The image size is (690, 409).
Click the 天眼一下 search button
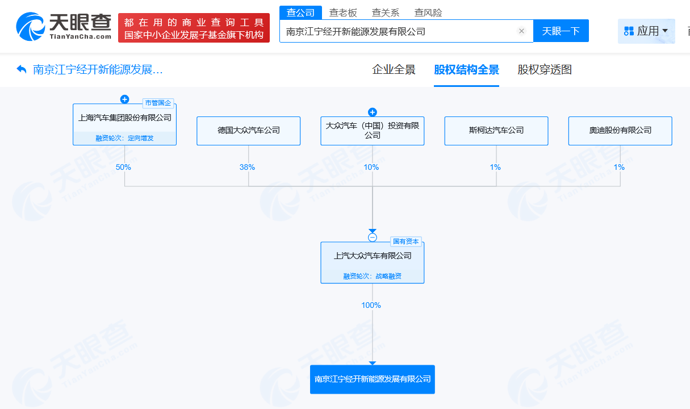561,31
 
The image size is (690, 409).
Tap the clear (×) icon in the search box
521,31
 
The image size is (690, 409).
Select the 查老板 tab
343,12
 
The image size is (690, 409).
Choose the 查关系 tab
386,12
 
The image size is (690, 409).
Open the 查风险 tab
428,12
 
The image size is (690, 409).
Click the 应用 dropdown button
646,31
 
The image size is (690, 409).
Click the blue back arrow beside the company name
21,69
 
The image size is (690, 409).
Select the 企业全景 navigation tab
394,70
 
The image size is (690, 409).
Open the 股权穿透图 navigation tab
545,70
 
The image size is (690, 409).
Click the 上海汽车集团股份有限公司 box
124,124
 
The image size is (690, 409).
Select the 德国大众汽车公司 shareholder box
248,131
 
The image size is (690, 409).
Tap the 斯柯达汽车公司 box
496,131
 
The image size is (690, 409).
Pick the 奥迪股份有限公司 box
620,131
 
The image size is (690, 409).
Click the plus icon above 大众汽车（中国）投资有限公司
373,112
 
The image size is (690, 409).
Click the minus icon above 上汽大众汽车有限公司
373,237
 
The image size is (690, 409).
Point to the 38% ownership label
247,168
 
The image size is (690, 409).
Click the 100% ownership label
371,305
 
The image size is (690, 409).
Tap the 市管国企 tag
158,103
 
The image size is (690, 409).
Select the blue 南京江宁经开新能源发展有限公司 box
373,379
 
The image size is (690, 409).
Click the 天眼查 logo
64,27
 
